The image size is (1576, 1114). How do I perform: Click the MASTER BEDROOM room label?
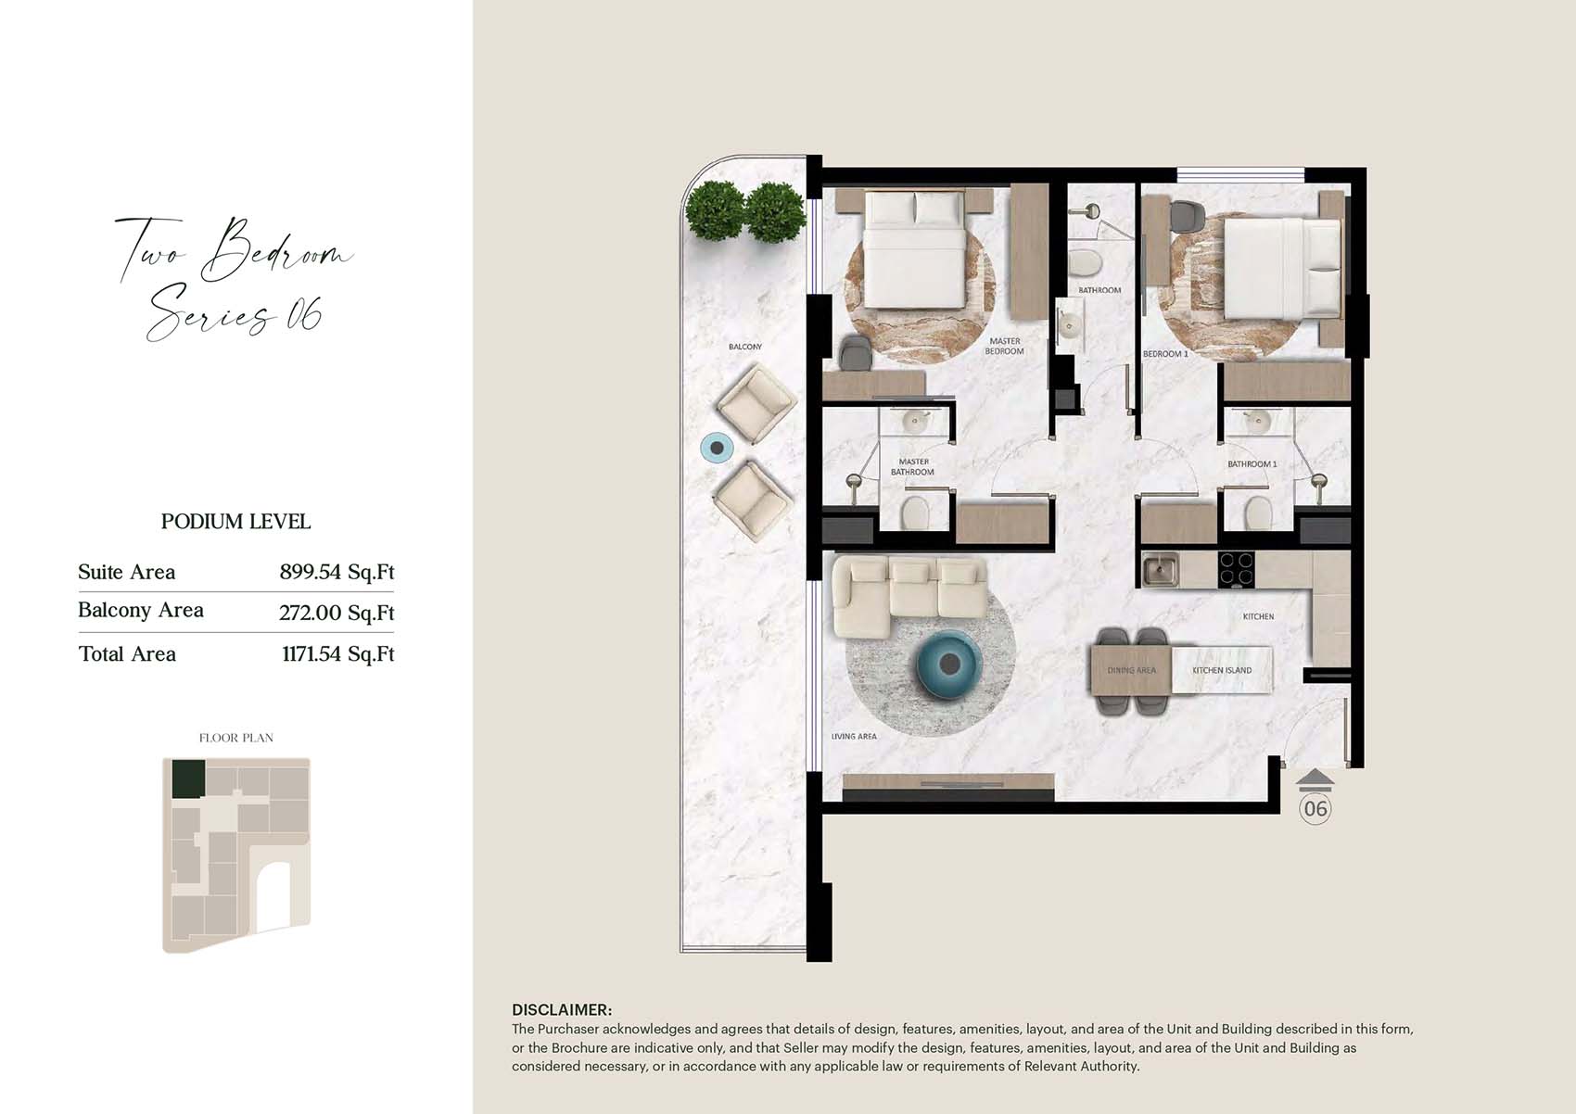coord(1004,346)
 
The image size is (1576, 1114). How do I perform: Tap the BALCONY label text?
coord(745,347)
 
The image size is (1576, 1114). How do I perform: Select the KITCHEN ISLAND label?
coord(1222,670)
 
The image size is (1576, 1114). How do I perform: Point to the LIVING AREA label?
coord(854,737)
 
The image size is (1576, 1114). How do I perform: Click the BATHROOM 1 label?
coord(1252,464)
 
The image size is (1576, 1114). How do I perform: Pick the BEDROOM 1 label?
coord(1165,354)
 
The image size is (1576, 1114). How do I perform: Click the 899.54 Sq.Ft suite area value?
coord(337,572)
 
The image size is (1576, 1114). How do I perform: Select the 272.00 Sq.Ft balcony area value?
coord(337,613)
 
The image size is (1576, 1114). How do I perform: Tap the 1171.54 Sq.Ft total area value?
coord(338,654)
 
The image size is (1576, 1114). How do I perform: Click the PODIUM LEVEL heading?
coord(235,522)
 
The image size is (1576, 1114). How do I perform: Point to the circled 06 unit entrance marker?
coord(1315,809)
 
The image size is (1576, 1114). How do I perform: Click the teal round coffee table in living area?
coord(950,665)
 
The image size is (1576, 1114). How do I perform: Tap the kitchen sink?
coord(1160,570)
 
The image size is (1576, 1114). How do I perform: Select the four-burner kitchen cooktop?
coord(1236,570)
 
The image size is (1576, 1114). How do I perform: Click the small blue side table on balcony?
coord(717,448)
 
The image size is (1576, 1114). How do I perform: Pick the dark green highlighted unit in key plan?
coord(188,779)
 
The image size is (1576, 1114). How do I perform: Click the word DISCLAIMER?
coord(562,1010)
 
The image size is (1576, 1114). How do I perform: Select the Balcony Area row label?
coord(141,610)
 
